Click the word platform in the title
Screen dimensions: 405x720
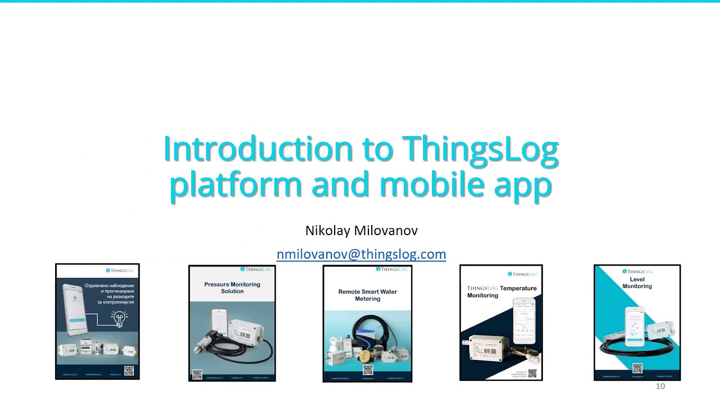(x=236, y=185)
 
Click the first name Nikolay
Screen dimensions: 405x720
(x=327, y=231)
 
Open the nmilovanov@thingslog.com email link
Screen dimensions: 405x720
(x=361, y=254)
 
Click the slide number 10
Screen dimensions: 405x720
(x=660, y=386)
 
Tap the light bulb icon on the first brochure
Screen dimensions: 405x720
(x=119, y=318)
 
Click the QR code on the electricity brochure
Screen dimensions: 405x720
(x=129, y=370)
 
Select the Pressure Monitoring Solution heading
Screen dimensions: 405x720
(x=232, y=288)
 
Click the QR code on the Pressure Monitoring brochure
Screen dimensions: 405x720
(x=197, y=374)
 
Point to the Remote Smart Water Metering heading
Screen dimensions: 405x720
(x=367, y=295)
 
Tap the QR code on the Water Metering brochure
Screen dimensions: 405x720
(x=368, y=370)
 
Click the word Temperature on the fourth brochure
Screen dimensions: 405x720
(x=518, y=289)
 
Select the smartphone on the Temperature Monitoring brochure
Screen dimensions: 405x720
(x=524, y=321)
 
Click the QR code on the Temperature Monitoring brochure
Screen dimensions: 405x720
(x=532, y=373)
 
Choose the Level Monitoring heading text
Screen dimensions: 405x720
(x=637, y=283)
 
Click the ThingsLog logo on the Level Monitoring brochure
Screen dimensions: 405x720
(x=637, y=272)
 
